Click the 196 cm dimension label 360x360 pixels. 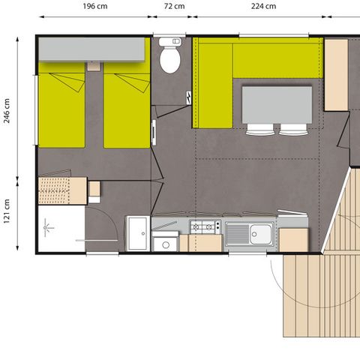tap(94, 6)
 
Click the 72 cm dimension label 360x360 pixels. tap(174, 6)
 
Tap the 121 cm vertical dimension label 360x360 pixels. tap(6, 213)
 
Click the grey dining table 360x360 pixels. tap(276, 103)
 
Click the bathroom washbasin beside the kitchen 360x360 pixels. tap(137, 232)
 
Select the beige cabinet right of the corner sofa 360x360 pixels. tap(335, 74)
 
